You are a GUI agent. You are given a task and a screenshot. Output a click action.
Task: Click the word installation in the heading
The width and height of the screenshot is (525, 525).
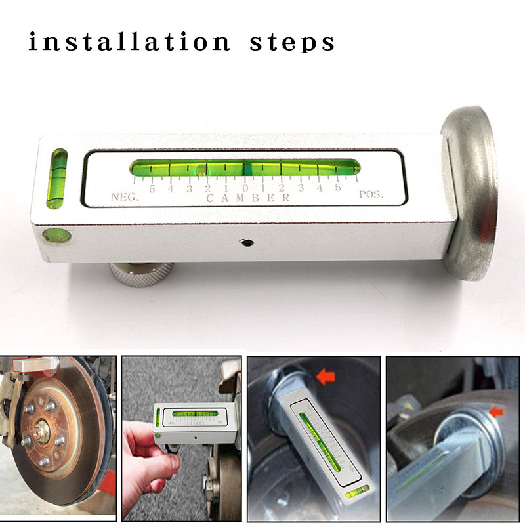click(129, 43)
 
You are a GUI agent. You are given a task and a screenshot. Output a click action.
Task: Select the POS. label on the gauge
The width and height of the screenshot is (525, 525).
click(371, 194)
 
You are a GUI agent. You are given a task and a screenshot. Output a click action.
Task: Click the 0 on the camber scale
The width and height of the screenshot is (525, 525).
click(244, 188)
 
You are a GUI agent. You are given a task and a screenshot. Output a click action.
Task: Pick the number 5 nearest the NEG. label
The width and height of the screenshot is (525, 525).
click(152, 189)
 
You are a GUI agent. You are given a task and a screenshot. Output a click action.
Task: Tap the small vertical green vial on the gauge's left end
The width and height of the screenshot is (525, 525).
click(58, 177)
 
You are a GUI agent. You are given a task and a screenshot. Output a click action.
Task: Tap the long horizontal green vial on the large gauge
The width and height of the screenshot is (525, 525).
click(244, 168)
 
